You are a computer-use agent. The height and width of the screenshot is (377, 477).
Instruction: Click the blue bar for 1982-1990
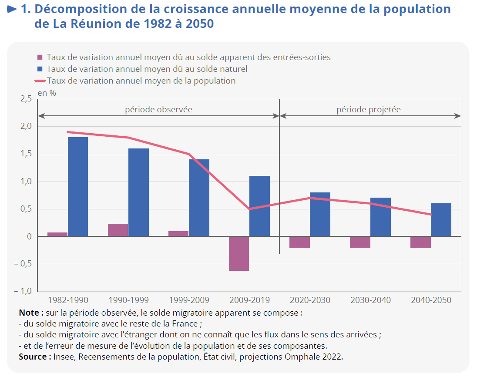pyautogui.click(x=78, y=187)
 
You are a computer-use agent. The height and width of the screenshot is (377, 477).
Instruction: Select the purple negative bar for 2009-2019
pyautogui.click(x=239, y=253)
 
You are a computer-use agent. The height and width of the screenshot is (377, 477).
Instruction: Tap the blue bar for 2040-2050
pyautogui.click(x=441, y=220)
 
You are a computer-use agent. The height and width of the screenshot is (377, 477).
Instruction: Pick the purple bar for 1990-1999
pyautogui.click(x=118, y=230)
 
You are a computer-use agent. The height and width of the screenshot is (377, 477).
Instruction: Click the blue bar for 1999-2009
pyautogui.click(x=199, y=198)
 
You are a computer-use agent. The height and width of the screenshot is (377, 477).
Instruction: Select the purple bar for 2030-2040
pyautogui.click(x=360, y=242)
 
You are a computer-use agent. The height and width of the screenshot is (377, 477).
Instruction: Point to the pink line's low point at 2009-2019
pyautogui.click(x=249, y=209)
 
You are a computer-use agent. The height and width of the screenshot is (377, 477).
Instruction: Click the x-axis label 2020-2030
pyautogui.click(x=310, y=300)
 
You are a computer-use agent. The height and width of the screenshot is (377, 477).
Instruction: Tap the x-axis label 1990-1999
pyautogui.click(x=128, y=300)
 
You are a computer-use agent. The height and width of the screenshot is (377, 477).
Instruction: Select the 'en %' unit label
pyautogui.click(x=47, y=92)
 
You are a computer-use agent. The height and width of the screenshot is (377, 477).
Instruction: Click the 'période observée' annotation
pyautogui.click(x=158, y=109)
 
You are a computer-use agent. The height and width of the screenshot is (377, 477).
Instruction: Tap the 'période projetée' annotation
pyautogui.click(x=368, y=109)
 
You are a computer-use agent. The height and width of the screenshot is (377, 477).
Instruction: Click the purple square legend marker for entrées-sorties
pyautogui.click(x=40, y=57)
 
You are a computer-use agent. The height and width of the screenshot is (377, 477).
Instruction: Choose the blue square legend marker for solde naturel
pyautogui.click(x=40, y=69)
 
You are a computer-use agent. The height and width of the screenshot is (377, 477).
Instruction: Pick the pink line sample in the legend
pyautogui.click(x=40, y=81)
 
